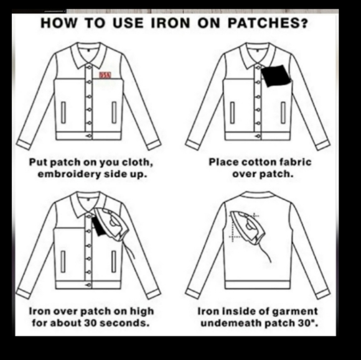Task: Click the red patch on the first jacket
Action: click(105, 75)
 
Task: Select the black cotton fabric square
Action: click(275, 76)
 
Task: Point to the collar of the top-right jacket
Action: click(256, 57)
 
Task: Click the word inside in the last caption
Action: click(238, 310)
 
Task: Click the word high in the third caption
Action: click(140, 310)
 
